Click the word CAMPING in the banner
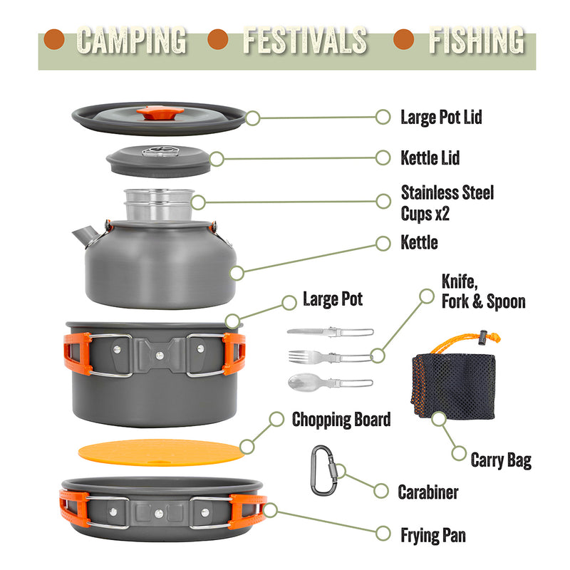[132, 41]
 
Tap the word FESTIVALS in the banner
[305, 41]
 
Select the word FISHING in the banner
[477, 41]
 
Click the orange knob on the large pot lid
[160, 113]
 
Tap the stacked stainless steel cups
[159, 204]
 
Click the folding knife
[331, 331]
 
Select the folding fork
[331, 357]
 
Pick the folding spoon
[331, 383]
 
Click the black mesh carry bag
[454, 386]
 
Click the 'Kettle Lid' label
[430, 158]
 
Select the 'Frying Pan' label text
[433, 536]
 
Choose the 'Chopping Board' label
[341, 420]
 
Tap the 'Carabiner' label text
[428, 492]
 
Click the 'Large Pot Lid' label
[441, 118]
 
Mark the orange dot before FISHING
[404, 39]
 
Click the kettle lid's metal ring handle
[159, 151]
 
